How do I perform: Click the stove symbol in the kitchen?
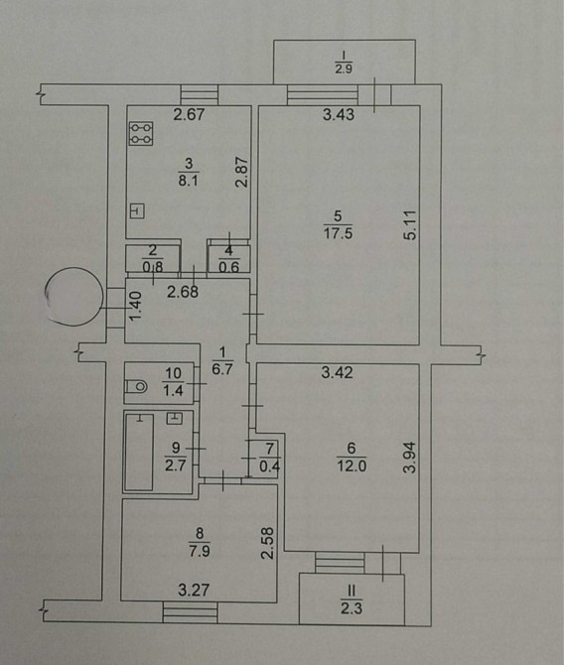tap(141, 134)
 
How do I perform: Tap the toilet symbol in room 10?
tap(136, 386)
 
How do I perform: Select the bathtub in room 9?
tap(139, 452)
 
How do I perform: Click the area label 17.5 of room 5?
tap(338, 233)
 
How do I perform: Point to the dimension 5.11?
tap(410, 225)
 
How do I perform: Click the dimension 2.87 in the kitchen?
tap(242, 172)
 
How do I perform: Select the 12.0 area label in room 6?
tap(352, 466)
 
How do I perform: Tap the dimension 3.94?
tap(410, 458)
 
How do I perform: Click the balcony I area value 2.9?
tap(344, 68)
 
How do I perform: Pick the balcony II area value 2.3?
tap(352, 608)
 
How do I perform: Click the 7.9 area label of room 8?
tap(199, 551)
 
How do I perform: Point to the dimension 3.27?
tap(194, 590)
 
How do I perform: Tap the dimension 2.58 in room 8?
tap(267, 543)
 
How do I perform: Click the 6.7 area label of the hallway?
tap(222, 369)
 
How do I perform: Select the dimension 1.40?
tap(134, 307)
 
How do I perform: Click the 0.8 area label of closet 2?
tap(152, 268)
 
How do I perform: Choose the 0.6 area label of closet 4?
tap(228, 267)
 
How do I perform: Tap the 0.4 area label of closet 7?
tap(269, 466)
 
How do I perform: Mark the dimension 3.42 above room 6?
tap(337, 372)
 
